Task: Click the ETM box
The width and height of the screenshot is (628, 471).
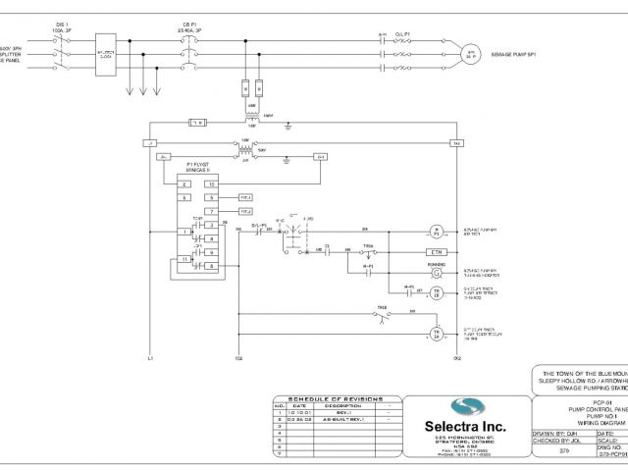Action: click(x=439, y=252)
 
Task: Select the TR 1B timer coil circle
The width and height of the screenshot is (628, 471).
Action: click(x=439, y=291)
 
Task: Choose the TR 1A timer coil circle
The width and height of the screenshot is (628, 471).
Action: click(x=439, y=332)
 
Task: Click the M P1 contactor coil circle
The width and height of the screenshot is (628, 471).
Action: click(x=439, y=232)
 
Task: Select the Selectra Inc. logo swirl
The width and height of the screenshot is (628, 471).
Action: click(x=466, y=407)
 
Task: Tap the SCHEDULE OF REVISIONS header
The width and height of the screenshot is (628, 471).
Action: click(x=337, y=397)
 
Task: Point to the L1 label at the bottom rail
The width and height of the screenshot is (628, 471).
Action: click(x=148, y=359)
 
